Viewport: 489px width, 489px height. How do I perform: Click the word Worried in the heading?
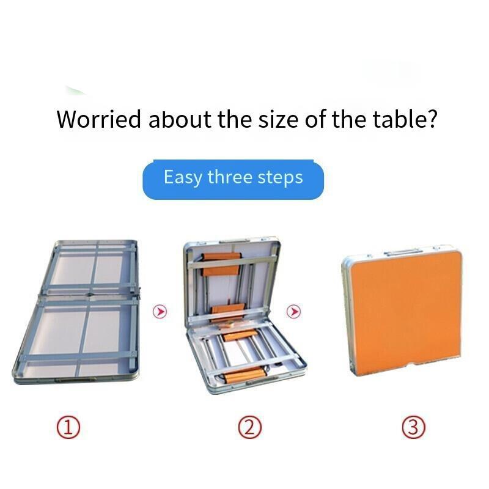pyautogui.click(x=99, y=119)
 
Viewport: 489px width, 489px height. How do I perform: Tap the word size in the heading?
pyautogui.click(x=278, y=119)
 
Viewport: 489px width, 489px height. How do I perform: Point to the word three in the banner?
pyautogui.click(x=230, y=177)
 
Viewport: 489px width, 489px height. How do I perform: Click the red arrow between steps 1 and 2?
pyautogui.click(x=160, y=311)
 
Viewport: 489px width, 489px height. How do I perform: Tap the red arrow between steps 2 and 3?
pyautogui.click(x=293, y=311)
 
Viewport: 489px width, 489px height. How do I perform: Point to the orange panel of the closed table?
pyautogui.click(x=404, y=309)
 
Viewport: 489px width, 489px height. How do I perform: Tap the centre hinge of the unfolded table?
pyautogui.click(x=90, y=294)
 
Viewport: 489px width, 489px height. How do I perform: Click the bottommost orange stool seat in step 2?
pyautogui.click(x=245, y=375)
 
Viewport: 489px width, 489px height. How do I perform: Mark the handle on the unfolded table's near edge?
pyautogui.click(x=76, y=380)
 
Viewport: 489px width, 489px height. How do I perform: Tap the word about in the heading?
pyautogui.click(x=180, y=119)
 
